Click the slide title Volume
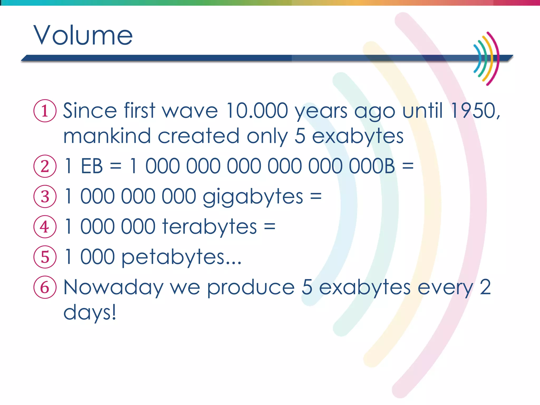(83, 35)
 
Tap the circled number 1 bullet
(45, 110)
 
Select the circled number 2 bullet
(45, 166)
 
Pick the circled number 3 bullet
(45, 196)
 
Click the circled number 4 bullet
(45, 227)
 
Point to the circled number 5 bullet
(45, 257)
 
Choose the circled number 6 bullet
(45, 287)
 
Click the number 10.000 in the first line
(257, 110)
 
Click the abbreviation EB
(92, 166)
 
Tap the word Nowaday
(113, 288)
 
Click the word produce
(251, 288)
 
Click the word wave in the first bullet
(190, 111)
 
